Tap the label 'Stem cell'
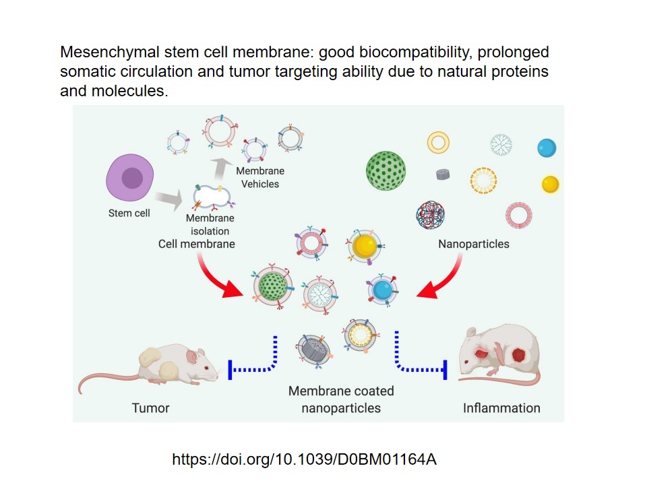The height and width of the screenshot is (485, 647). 129,214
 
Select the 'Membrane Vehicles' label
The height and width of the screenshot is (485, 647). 260,178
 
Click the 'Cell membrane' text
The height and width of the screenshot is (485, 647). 197,244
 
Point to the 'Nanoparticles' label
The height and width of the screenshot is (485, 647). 474,244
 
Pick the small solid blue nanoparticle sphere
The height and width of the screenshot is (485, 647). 547,148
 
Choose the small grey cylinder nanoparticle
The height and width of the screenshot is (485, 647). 443,174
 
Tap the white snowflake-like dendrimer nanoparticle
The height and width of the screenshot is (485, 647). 501,144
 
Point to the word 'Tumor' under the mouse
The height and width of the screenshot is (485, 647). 150,408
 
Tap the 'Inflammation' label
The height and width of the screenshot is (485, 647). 501,408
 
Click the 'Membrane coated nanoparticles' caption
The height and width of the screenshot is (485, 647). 341,399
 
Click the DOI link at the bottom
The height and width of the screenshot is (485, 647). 305,460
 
